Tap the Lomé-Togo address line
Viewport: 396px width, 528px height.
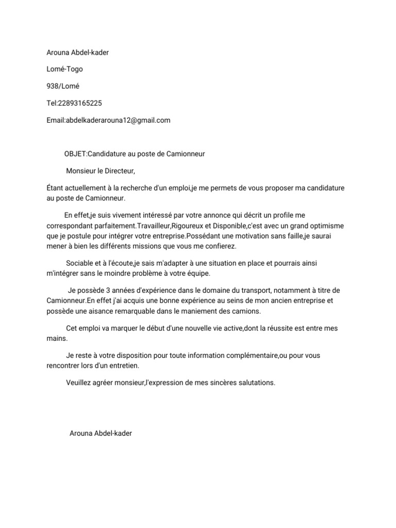pos(64,69)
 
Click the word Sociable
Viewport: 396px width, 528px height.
pos(80,263)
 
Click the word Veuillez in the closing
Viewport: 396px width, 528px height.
pos(80,383)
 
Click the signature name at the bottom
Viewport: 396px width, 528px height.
pos(101,433)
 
